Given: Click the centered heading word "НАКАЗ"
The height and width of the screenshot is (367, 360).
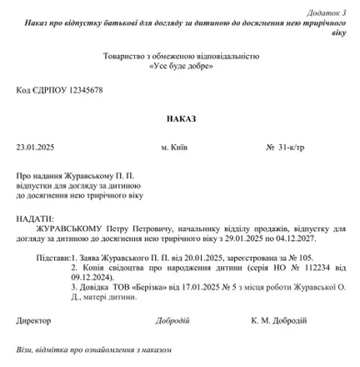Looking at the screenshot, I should pyautogui.click(x=180, y=118).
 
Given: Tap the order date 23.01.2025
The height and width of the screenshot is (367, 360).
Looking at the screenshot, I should pyautogui.click(x=36, y=147).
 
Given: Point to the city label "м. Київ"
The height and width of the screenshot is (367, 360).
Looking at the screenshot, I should pyautogui.click(x=177, y=147).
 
